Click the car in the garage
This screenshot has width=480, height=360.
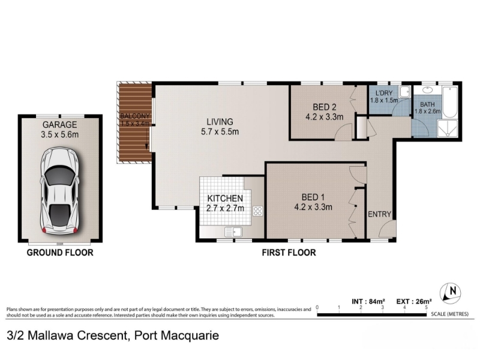(x=59, y=190)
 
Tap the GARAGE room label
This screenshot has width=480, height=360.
(x=59, y=125)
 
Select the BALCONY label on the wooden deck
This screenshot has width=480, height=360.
(x=135, y=116)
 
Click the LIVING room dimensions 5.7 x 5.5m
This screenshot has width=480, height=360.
(x=220, y=131)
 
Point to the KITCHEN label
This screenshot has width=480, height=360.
(x=225, y=199)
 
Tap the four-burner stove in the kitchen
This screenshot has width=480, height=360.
(x=258, y=211)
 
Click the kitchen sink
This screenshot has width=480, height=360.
(x=233, y=232)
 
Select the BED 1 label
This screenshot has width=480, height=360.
(x=313, y=197)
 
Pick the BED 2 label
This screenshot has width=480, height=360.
(x=325, y=107)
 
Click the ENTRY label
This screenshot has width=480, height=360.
(x=380, y=214)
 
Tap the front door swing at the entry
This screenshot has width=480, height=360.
(x=387, y=229)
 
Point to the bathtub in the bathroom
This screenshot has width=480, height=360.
(x=449, y=102)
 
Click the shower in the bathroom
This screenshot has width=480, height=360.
(x=448, y=128)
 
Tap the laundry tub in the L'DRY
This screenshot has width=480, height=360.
(x=406, y=91)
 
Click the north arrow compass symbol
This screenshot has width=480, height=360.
(x=451, y=292)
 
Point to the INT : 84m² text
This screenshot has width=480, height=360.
(x=368, y=302)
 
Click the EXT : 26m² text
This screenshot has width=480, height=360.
(x=414, y=302)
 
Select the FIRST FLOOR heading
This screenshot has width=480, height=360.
(x=289, y=253)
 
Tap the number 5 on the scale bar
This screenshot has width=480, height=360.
(x=426, y=307)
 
